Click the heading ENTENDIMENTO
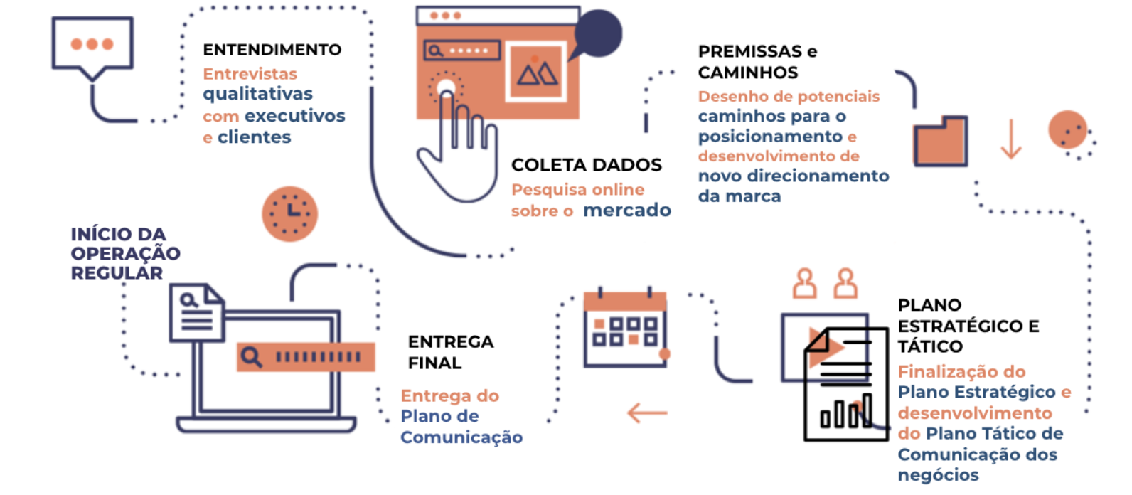(272, 50)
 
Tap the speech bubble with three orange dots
(92, 45)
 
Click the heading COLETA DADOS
(586, 165)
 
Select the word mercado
(626, 211)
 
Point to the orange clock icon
(289, 213)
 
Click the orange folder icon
(940, 141)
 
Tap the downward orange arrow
(1010, 139)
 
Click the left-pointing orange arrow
(647, 412)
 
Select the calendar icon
(625, 329)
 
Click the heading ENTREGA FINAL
(450, 352)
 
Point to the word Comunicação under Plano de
(461, 437)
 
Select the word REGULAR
(117, 273)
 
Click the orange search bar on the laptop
(306, 356)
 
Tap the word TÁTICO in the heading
(929, 347)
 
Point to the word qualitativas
(257, 94)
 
